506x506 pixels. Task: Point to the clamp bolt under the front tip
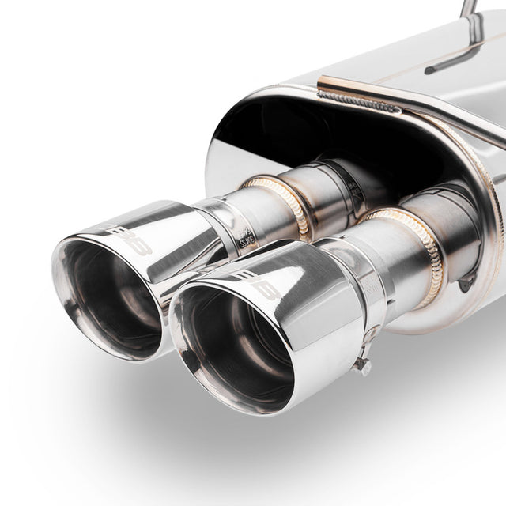[363, 365]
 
